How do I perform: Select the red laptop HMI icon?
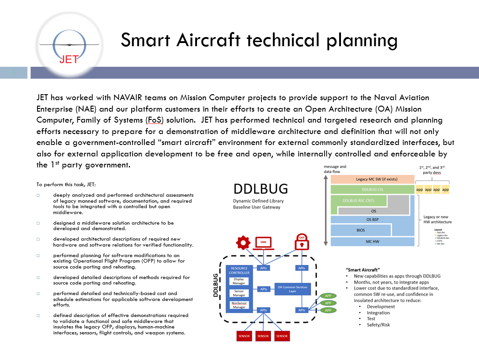263,243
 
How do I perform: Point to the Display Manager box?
239,281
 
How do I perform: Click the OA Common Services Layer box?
293,289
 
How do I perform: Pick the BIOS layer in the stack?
361,230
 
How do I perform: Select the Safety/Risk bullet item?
378,325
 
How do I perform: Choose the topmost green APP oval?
328,296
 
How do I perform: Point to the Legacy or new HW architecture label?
437,219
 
